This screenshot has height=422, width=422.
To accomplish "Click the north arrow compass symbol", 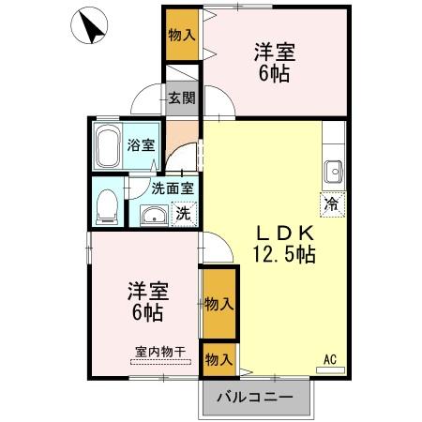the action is coord(89,25).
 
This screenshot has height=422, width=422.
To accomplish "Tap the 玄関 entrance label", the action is coord(182,98).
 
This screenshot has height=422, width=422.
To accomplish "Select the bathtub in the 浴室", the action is coord(108,146).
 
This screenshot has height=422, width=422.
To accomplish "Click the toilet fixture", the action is coord(107,206).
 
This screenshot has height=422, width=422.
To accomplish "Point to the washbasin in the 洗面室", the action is coord(154,215).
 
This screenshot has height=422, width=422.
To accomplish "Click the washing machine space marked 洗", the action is coord(184,214).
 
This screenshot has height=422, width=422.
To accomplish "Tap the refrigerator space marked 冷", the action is coord(332,204).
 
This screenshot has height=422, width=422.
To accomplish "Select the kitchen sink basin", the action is coord(334,172).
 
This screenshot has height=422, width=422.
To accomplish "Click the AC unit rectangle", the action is coord(330,370).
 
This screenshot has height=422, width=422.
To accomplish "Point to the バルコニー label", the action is coord(255,398).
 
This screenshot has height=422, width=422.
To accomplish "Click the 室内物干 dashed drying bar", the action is coord(160,362).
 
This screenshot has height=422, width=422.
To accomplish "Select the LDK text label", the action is coord(284,233).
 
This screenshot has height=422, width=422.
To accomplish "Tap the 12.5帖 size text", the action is coord(284,254).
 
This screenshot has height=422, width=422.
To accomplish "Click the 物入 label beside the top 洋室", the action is coord(182,35).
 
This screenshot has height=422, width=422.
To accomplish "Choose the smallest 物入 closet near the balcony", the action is coord(219,360).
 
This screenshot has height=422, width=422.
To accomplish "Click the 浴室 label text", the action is coord(141,145).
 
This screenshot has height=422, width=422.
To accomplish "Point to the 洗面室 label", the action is coord(173,188).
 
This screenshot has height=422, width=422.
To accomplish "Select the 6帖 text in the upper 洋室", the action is coord(274,74).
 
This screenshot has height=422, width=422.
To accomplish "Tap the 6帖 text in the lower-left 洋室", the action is coord(147,312).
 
